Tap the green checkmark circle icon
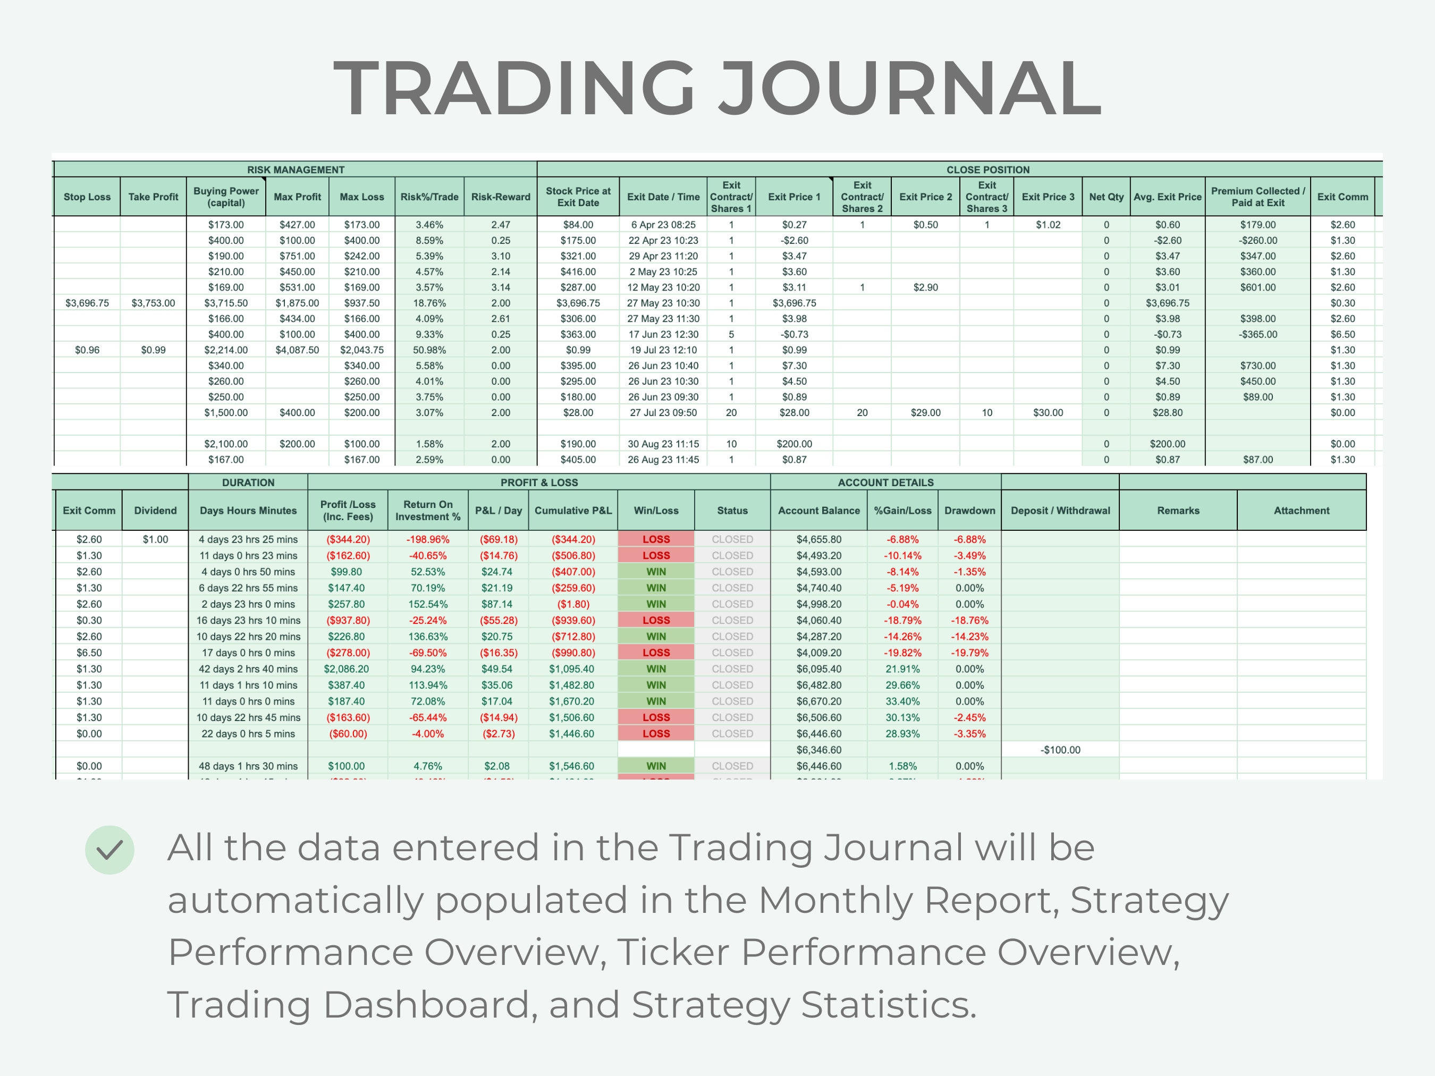[109, 850]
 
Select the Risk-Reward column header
[500, 197]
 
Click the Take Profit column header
[153, 197]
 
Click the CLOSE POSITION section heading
[987, 170]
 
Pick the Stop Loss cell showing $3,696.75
[87, 303]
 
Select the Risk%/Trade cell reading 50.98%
[429, 350]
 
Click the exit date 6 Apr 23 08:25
[663, 224]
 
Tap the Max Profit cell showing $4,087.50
[297, 350]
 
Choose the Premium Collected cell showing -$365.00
[1257, 334]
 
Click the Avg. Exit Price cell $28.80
[1167, 412]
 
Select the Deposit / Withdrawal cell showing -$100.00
[1060, 750]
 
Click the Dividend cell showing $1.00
[155, 539]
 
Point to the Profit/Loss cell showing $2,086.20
[347, 668]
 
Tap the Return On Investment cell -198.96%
[427, 539]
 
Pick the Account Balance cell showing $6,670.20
[818, 701]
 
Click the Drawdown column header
[969, 511]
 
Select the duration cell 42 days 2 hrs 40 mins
[248, 668]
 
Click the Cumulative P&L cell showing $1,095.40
[573, 668]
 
